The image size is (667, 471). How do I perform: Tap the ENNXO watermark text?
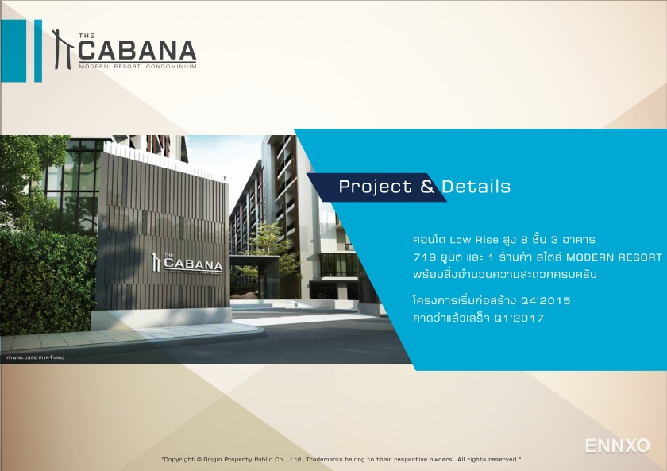pos(617,446)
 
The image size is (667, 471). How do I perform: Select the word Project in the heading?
pos(376,187)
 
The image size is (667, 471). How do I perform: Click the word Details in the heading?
pos(476,187)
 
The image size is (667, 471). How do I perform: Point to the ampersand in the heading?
pos(427,187)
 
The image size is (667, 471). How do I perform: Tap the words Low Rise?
pos(474,239)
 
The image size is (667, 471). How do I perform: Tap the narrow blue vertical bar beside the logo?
pos(38,51)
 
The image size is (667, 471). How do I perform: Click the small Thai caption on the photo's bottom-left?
pos(35,357)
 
